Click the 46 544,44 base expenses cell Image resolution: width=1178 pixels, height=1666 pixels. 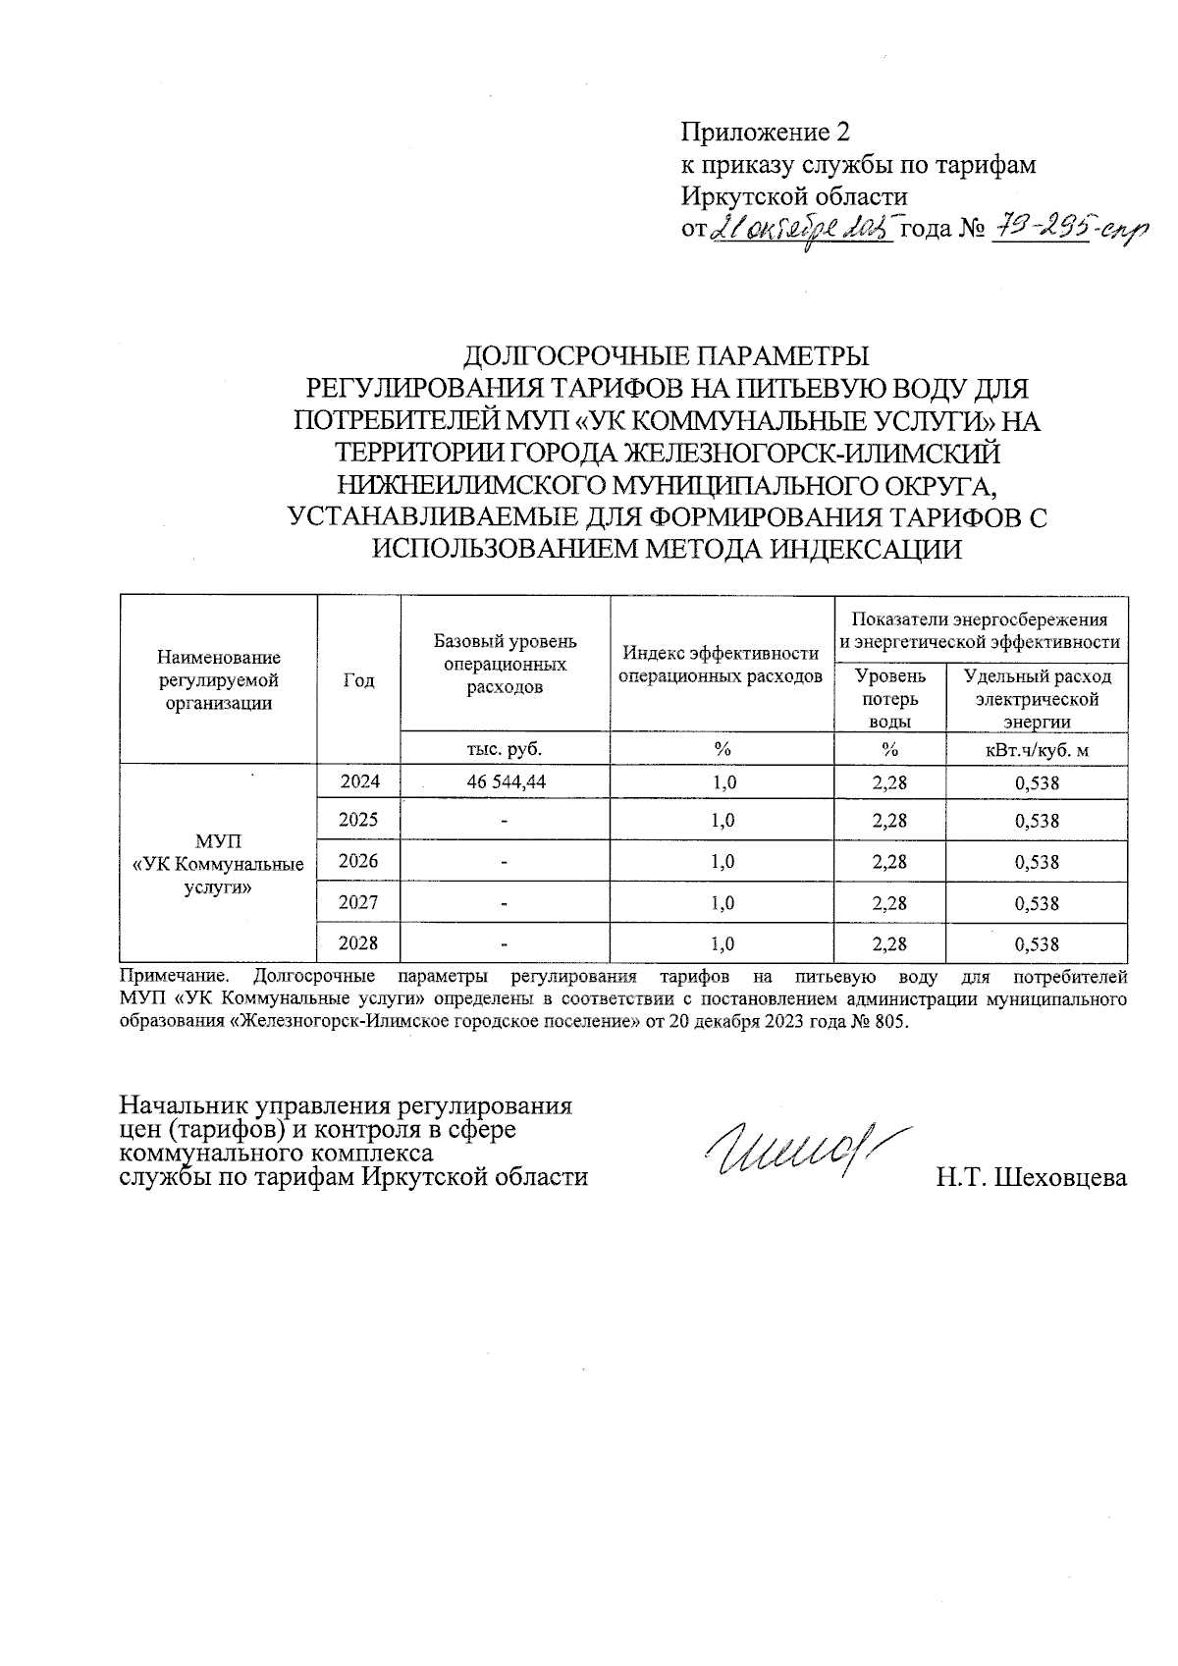coord(506,782)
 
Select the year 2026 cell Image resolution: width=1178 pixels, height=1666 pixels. coord(358,861)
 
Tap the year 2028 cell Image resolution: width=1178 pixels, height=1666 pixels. coord(358,943)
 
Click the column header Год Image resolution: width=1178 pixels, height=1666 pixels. coord(358,680)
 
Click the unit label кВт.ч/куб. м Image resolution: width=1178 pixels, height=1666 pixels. coord(1037,750)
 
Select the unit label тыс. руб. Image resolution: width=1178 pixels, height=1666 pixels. coord(505,749)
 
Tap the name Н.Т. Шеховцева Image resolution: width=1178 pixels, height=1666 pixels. coord(1031,1178)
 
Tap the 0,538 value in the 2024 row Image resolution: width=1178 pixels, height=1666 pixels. coord(1037,783)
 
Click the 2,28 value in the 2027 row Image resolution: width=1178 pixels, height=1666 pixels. coord(889,903)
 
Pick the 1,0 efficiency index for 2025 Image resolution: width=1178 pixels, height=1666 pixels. coord(723,821)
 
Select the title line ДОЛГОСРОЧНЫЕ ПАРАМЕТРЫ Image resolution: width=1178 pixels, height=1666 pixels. coord(667,354)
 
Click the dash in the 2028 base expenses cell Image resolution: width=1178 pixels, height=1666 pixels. coord(505,944)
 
